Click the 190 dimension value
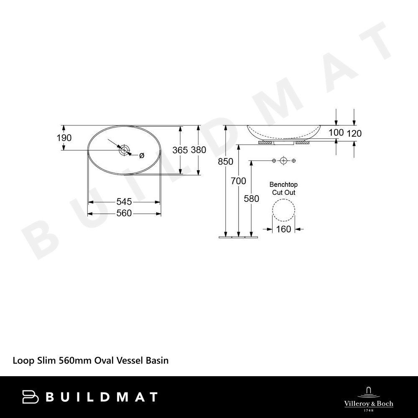point(64,138)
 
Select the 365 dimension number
point(180,150)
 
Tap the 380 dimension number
point(198,150)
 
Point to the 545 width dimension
point(124,201)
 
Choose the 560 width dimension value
point(124,213)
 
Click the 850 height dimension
point(226,161)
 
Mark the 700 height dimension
point(238,181)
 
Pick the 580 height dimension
point(251,199)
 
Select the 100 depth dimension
point(336,132)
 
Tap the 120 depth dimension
point(354,133)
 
